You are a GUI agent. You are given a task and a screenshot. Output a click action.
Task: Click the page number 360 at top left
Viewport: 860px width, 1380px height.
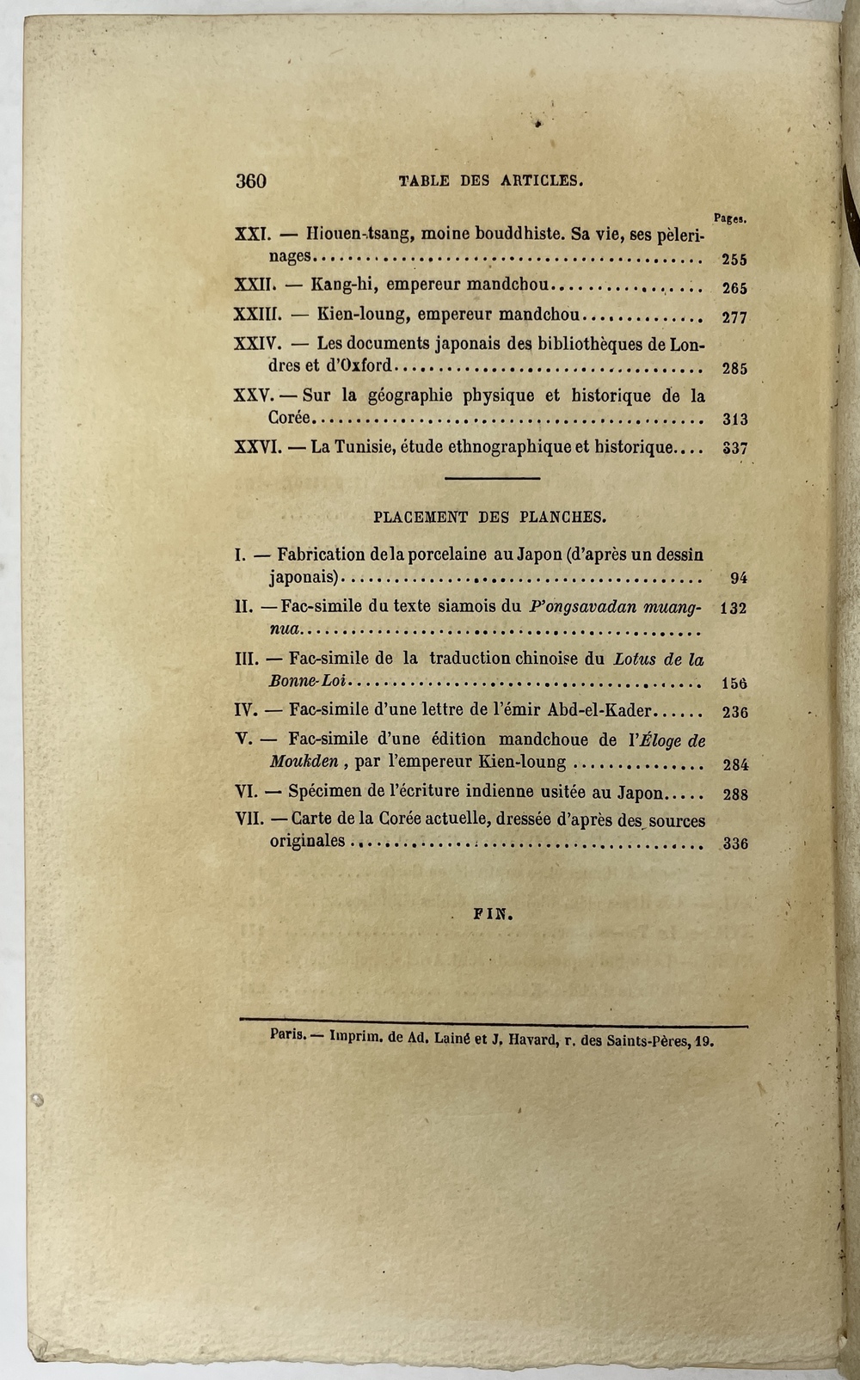pyautogui.click(x=250, y=181)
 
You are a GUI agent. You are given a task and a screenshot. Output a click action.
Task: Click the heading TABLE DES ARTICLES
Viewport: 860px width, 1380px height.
pyautogui.click(x=491, y=181)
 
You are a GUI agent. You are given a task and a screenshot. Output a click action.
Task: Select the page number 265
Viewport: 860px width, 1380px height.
pyautogui.click(x=734, y=289)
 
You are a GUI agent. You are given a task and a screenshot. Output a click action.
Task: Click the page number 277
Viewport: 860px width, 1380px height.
pyautogui.click(x=734, y=317)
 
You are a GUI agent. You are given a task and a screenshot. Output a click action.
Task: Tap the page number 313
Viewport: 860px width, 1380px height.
pyautogui.click(x=734, y=420)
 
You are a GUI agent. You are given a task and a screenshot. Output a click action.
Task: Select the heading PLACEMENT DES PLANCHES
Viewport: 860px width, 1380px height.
pyautogui.click(x=490, y=518)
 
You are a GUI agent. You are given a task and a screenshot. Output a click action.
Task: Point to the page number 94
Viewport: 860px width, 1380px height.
pyautogui.click(x=738, y=578)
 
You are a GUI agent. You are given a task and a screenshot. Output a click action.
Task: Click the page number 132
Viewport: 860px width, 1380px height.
pyautogui.click(x=734, y=608)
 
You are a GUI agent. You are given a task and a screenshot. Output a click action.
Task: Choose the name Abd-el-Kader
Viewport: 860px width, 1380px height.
pyautogui.click(x=602, y=711)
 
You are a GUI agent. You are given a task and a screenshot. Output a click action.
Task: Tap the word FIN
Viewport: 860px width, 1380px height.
pyautogui.click(x=493, y=916)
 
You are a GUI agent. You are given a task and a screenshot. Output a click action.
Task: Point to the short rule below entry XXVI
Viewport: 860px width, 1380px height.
pyautogui.click(x=492, y=478)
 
